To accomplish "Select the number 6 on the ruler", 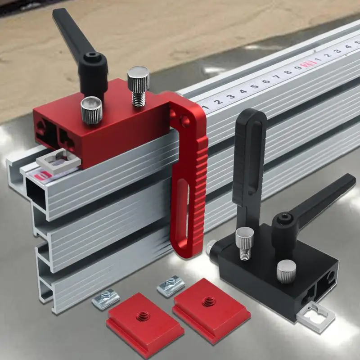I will pyautogui.click(x=266, y=81).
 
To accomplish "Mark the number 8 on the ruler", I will pyautogui.click(x=288, y=72).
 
